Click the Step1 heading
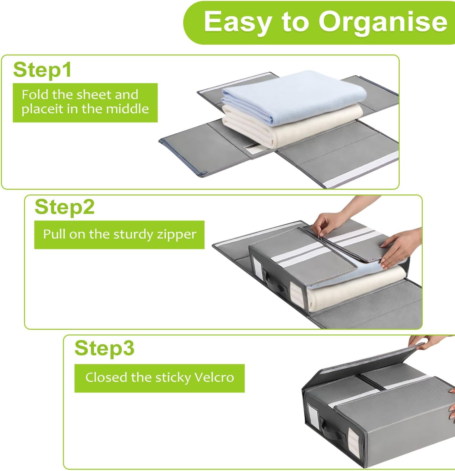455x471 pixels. [x=42, y=70]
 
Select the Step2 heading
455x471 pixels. [x=65, y=207]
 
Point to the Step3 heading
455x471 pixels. [x=104, y=348]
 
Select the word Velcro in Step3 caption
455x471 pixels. [x=214, y=377]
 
